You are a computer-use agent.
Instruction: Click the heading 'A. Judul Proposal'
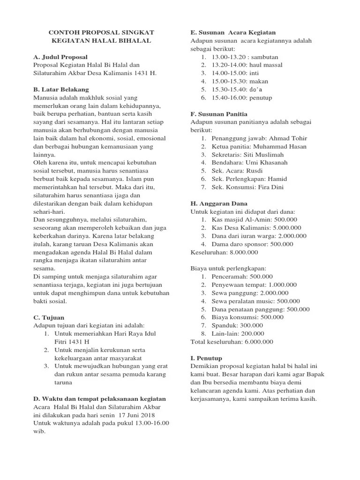[x=60, y=57]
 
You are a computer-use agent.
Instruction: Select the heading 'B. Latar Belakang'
[x=61, y=90]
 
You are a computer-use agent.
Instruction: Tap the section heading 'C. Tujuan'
[x=49, y=317]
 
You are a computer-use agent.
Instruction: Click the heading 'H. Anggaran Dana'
[x=219, y=203]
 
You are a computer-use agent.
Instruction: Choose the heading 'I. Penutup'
[x=206, y=358]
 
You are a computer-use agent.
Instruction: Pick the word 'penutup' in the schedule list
[x=261, y=98]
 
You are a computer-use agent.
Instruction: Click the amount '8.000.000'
[x=243, y=252]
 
